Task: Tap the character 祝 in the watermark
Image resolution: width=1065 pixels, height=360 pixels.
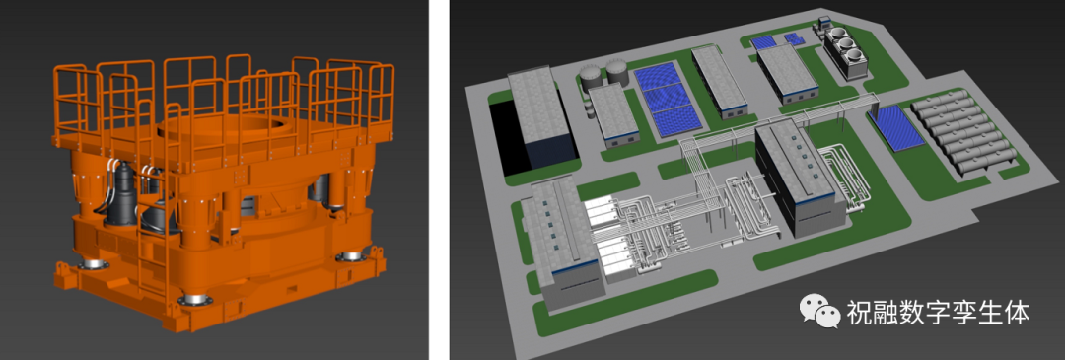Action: pyautogui.click(x=859, y=313)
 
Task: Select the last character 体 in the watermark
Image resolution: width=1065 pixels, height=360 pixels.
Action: pyautogui.click(x=1018, y=313)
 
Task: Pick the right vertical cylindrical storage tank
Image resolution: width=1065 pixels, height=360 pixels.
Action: pyautogui.click(x=616, y=71)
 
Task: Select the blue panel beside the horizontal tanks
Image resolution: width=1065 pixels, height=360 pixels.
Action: pyautogui.click(x=895, y=126)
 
